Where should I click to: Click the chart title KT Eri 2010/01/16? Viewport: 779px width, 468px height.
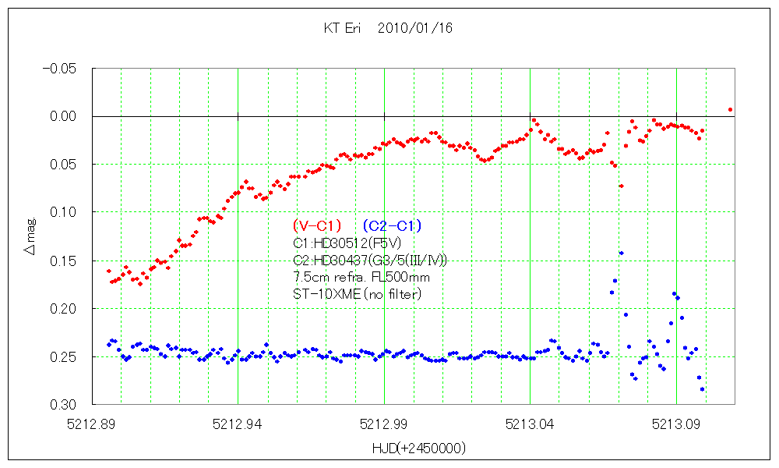388,28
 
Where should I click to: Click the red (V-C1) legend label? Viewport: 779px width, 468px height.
317,226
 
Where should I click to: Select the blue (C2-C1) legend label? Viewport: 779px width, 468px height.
392,226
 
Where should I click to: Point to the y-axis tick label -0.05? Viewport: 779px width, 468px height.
58,69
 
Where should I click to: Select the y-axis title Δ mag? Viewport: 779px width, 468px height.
30,236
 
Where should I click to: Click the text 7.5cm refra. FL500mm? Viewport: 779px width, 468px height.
361,277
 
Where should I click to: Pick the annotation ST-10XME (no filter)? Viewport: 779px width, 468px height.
357,293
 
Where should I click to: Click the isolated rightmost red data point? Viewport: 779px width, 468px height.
730,110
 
